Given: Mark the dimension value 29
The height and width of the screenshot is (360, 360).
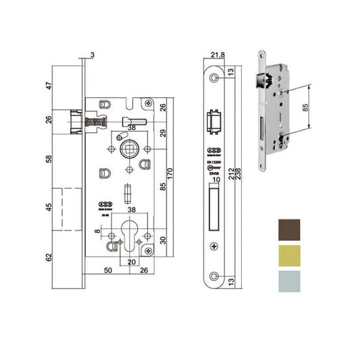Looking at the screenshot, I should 163,134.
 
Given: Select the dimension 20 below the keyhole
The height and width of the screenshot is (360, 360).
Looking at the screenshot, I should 132,259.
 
